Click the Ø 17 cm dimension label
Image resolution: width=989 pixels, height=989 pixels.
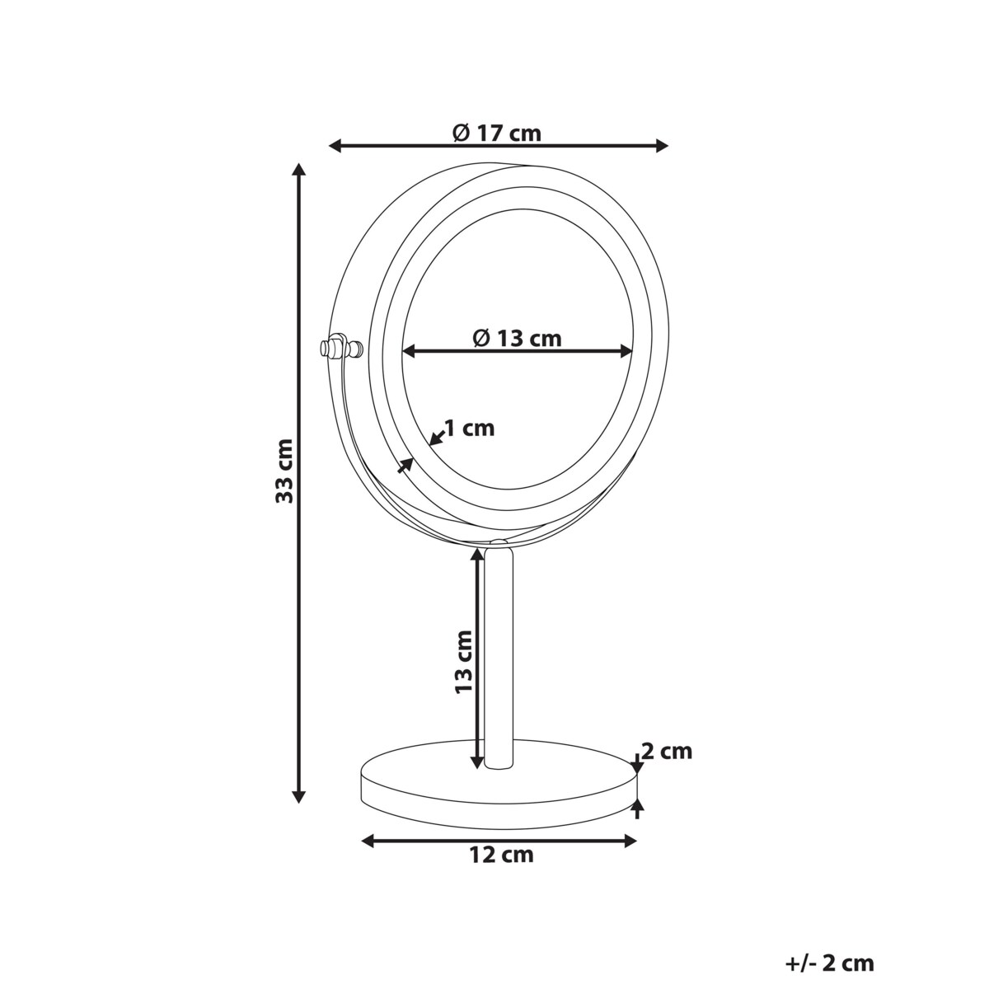(497, 133)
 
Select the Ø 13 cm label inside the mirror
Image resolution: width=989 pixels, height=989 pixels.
(518, 338)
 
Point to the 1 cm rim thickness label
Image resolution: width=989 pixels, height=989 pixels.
(469, 428)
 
